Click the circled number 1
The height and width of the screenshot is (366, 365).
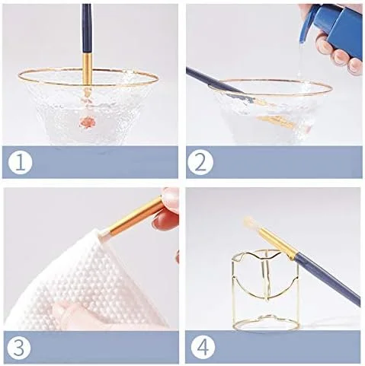coord(21,163)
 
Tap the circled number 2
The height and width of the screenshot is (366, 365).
coord(200,163)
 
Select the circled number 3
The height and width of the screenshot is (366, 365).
coord(18,347)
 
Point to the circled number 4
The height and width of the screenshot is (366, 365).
coord(203,347)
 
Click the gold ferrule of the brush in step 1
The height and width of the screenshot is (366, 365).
coord(88,68)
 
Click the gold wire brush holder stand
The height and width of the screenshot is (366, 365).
coord(265,289)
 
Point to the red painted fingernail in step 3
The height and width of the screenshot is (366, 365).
coord(165,221)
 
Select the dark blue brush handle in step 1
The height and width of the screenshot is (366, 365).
coord(86,28)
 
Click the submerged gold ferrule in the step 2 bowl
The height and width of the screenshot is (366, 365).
coord(277,121)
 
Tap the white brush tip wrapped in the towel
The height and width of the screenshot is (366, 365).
coord(104,233)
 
